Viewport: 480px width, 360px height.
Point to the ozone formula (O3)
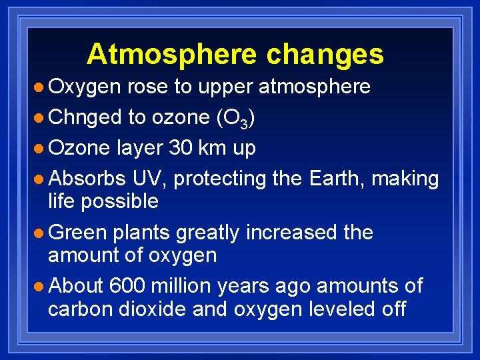click(x=234, y=118)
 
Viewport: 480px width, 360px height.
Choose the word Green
click(x=78, y=233)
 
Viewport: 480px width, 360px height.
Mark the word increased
click(x=290, y=233)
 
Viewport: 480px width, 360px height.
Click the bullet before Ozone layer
click(x=41, y=149)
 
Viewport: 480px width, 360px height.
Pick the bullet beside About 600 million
click(x=41, y=287)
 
